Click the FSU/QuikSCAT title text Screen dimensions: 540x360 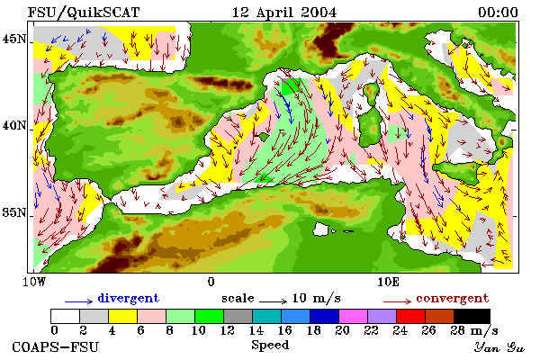pyautogui.click(x=84, y=13)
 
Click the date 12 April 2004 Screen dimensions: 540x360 pyautogui.click(x=284, y=13)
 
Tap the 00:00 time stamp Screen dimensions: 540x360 pyautogui.click(x=498, y=13)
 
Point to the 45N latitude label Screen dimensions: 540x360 pyautogui.click(x=14, y=39)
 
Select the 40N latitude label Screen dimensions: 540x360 pyautogui.click(x=14, y=125)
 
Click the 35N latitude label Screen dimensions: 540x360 pyautogui.click(x=14, y=212)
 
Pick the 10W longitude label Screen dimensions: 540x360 pyautogui.click(x=34, y=282)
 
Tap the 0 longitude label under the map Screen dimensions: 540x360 pyautogui.click(x=211, y=282)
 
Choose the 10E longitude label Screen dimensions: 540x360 pyautogui.click(x=389, y=282)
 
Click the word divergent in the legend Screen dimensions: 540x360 pyautogui.click(x=128, y=298)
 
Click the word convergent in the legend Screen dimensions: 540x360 pyautogui.click(x=452, y=298)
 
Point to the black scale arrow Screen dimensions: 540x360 pyautogui.click(x=273, y=301)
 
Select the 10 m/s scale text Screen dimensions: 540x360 pyautogui.click(x=316, y=298)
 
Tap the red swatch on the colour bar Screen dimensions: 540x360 pyautogui.click(x=410, y=316)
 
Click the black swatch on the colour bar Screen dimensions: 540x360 pyautogui.click(x=472, y=316)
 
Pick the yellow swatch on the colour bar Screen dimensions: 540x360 pyautogui.click(x=122, y=316)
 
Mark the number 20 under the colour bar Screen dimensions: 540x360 pyautogui.click(x=342, y=330)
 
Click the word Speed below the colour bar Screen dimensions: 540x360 pyautogui.click(x=270, y=346)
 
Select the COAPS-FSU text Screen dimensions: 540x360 pyautogui.click(x=56, y=346)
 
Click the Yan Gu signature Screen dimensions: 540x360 pyautogui.click(x=499, y=347)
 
